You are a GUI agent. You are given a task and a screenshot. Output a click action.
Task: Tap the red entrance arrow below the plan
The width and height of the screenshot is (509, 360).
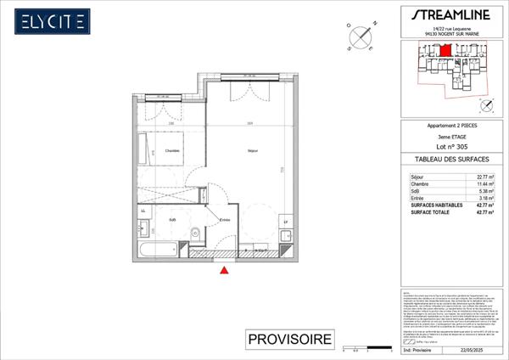click(x=224, y=270)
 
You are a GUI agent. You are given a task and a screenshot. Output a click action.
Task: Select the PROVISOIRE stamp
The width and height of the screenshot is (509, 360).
click(x=288, y=340)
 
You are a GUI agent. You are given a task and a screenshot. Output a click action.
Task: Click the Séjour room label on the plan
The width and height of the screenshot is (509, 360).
click(x=252, y=151)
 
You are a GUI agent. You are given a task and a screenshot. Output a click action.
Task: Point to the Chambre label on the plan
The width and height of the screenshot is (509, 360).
click(x=172, y=152)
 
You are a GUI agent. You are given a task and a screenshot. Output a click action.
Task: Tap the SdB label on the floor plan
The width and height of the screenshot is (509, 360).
click(x=172, y=220)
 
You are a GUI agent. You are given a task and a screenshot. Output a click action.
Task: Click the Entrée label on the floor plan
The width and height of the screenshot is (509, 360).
click(x=225, y=220)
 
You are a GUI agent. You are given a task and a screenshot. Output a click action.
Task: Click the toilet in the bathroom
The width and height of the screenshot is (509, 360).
click(x=195, y=232)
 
